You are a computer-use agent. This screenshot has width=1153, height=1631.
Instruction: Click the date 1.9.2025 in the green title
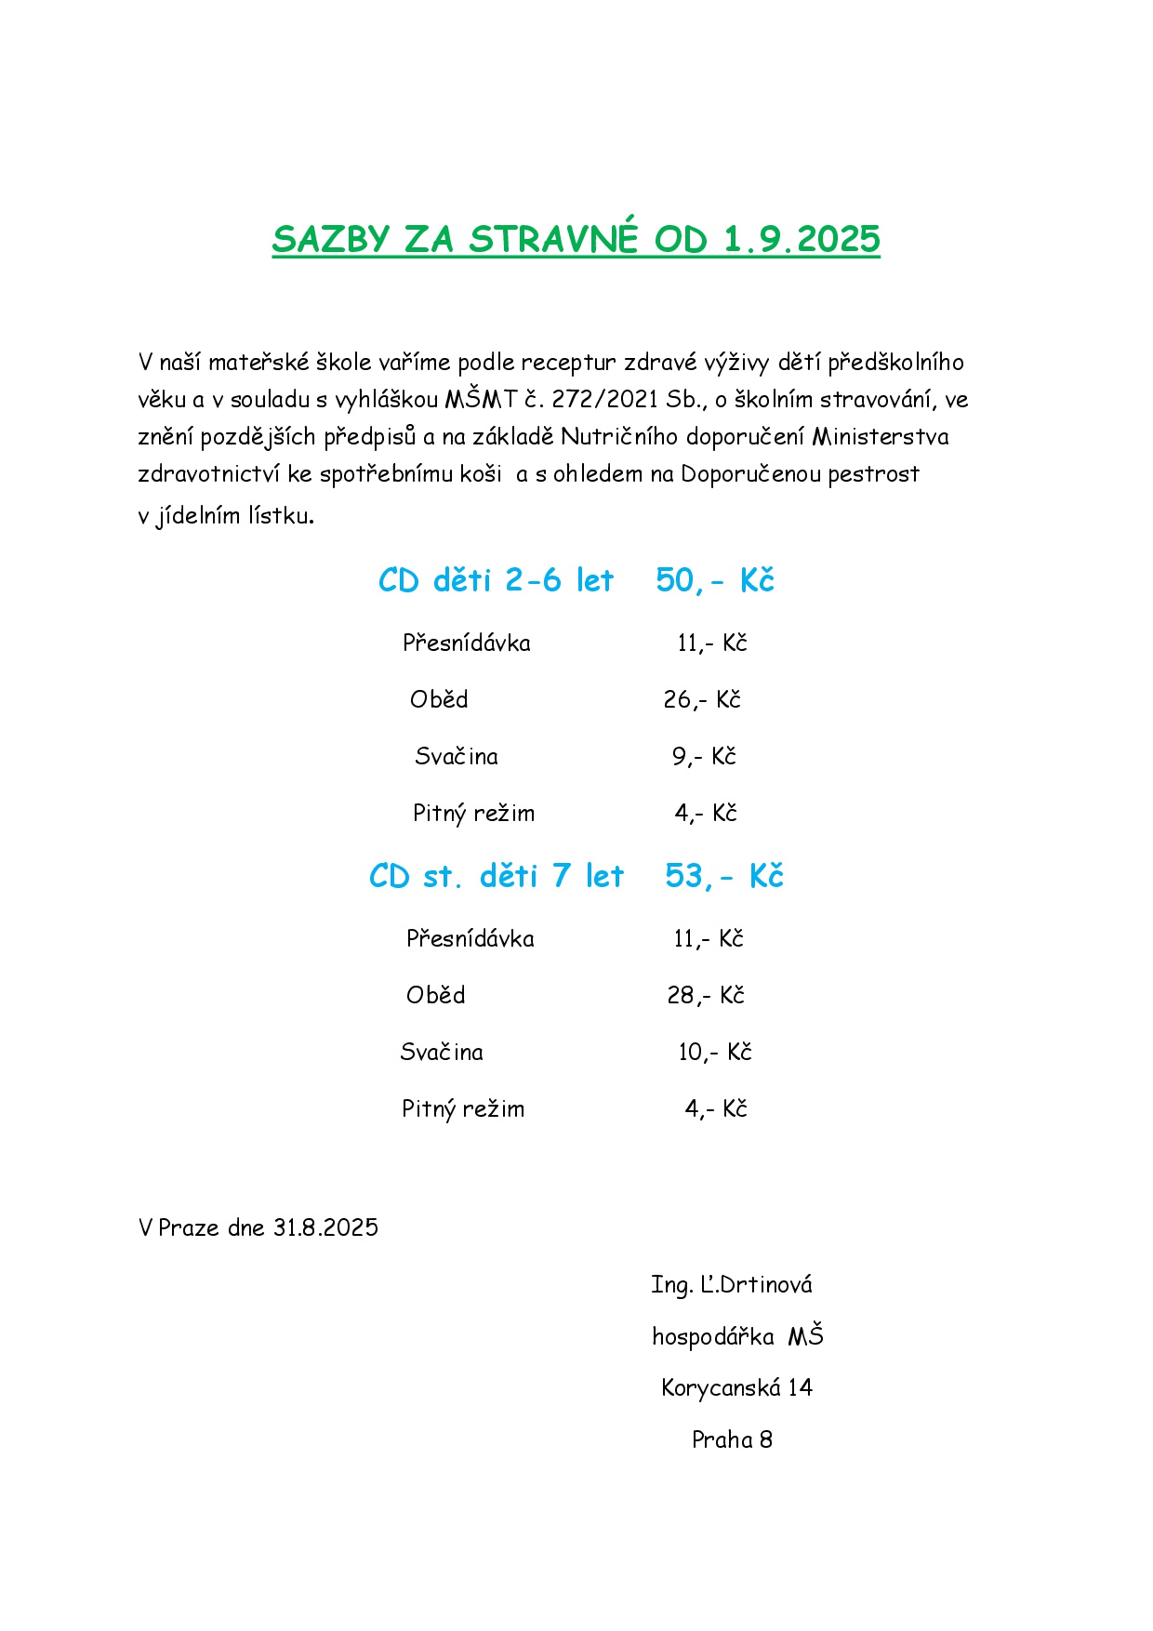(x=801, y=239)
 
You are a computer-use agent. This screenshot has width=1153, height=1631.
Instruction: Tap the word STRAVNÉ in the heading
(x=553, y=239)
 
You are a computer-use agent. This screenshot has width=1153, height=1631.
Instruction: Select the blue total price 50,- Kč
(x=714, y=580)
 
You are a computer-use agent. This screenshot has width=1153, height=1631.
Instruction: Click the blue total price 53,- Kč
(x=723, y=876)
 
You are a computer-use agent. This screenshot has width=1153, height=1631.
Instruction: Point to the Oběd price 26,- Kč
(x=702, y=699)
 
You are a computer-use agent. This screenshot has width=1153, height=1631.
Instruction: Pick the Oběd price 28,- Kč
(x=706, y=995)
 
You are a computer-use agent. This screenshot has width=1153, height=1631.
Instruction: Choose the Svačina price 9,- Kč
(x=704, y=756)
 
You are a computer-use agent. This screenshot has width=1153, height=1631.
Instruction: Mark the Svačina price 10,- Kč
(x=714, y=1052)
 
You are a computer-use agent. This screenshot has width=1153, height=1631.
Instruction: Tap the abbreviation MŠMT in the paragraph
(x=480, y=399)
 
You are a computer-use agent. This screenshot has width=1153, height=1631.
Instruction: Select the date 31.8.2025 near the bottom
(x=325, y=1227)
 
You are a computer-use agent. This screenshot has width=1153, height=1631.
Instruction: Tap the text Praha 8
(x=732, y=1439)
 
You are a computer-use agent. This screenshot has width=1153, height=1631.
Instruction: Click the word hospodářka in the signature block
(x=712, y=1336)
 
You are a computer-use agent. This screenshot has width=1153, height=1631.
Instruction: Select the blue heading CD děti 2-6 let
(x=496, y=580)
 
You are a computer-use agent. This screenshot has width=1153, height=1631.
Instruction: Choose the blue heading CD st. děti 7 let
(x=496, y=876)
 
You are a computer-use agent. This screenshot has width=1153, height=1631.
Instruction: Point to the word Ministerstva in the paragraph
(x=880, y=436)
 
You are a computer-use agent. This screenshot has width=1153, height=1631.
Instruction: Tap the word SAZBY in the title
(x=330, y=239)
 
